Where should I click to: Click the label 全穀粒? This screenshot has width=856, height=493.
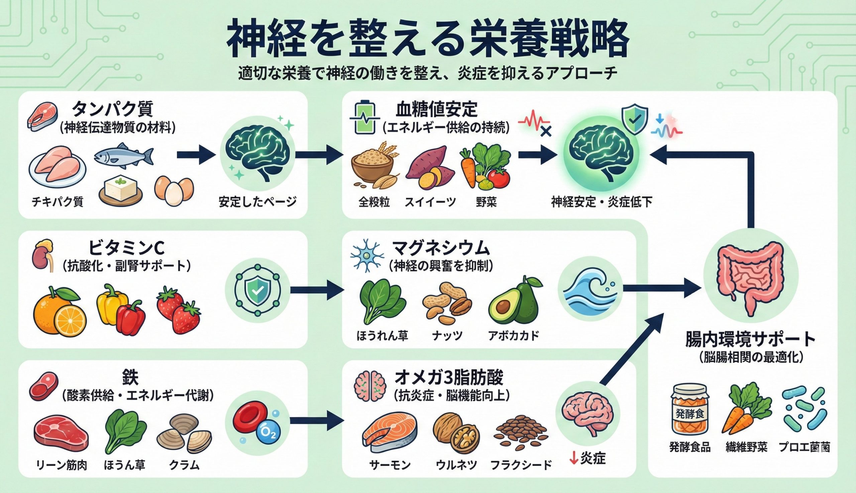(374, 202)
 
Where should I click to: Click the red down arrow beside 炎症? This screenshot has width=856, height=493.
(574, 459)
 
